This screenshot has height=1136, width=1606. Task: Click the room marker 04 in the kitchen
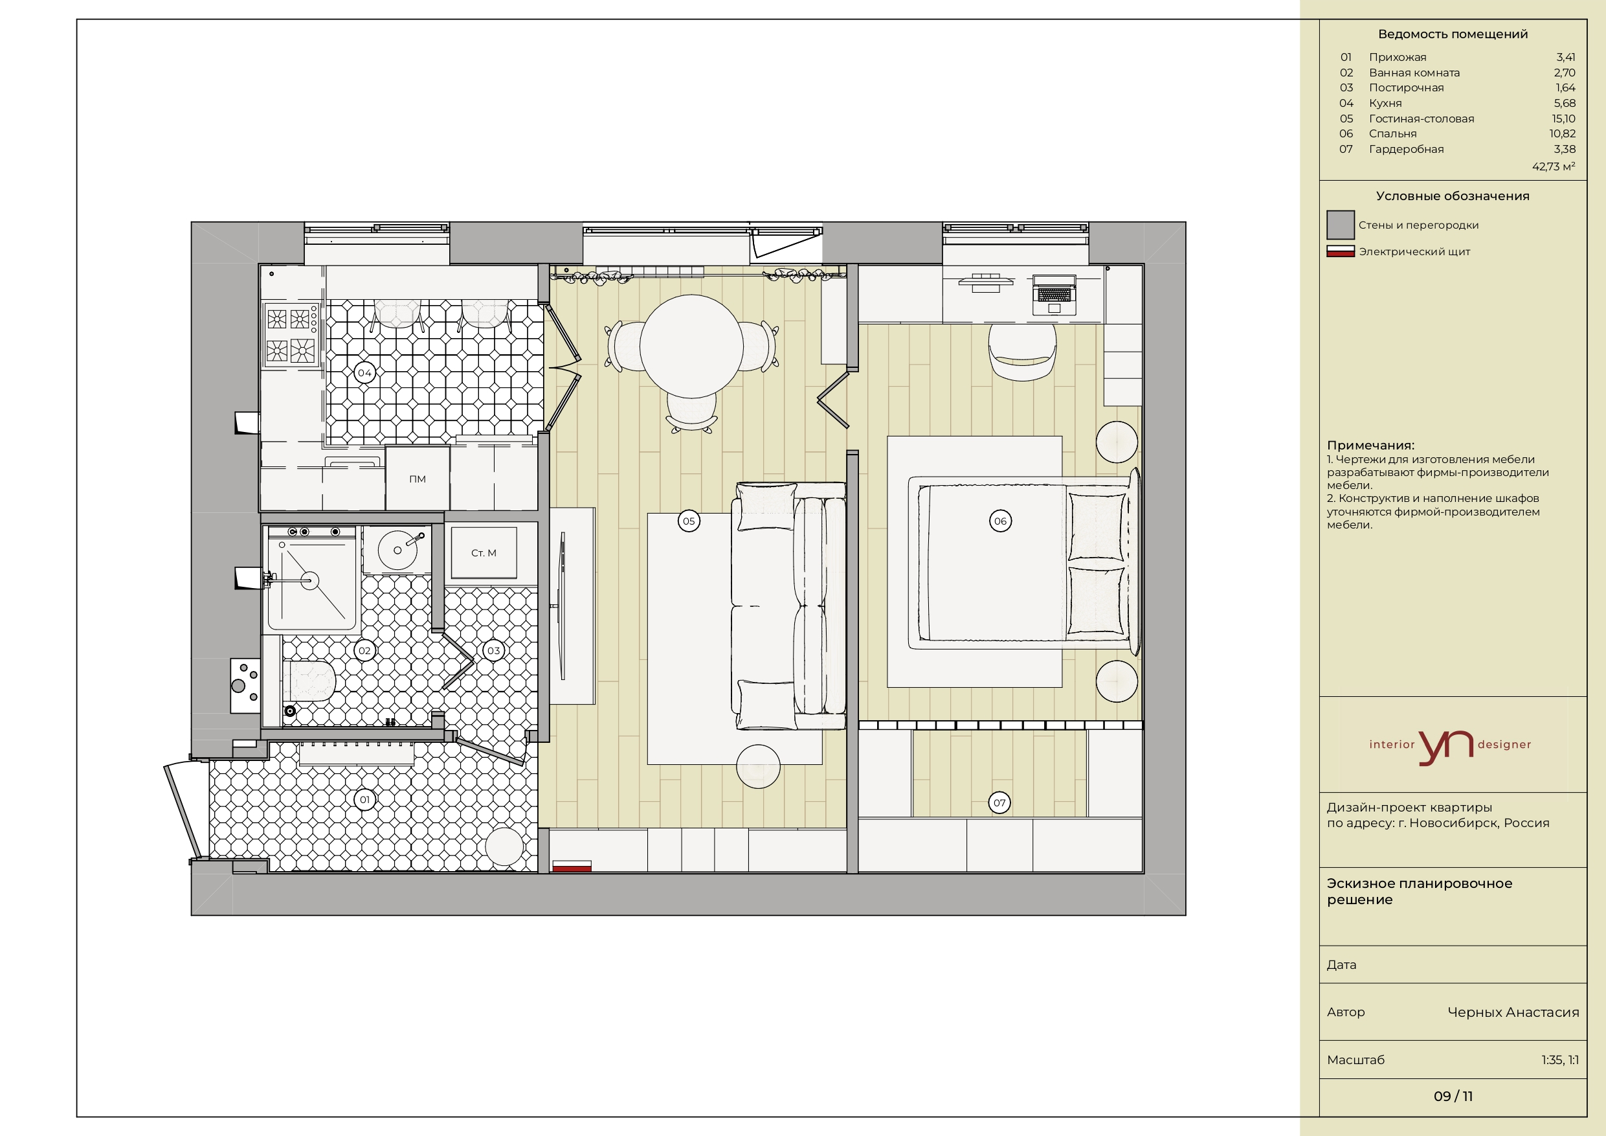pyautogui.click(x=364, y=373)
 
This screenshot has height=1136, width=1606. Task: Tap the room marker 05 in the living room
pyautogui.click(x=689, y=521)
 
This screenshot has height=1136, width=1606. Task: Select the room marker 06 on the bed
pyautogui.click(x=1000, y=521)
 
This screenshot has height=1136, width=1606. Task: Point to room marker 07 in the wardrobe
pyautogui.click(x=999, y=803)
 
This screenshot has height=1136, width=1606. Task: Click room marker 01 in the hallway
pyautogui.click(x=364, y=799)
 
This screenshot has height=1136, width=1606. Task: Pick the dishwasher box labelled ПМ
pyautogui.click(x=418, y=479)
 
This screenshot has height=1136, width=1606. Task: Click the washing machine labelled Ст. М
pyautogui.click(x=484, y=553)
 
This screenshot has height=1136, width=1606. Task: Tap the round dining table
pyautogui.click(x=691, y=346)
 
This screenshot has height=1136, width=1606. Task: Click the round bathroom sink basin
pyautogui.click(x=398, y=550)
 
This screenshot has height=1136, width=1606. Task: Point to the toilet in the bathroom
pyautogui.click(x=309, y=680)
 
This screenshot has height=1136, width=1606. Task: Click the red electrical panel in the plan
pyautogui.click(x=572, y=867)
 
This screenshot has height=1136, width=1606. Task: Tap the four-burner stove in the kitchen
pyautogui.click(x=292, y=335)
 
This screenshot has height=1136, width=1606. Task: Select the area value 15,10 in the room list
pyautogui.click(x=1563, y=119)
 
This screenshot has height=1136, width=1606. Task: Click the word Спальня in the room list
pyautogui.click(x=1392, y=133)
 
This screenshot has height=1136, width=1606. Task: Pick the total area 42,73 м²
pyautogui.click(x=1554, y=166)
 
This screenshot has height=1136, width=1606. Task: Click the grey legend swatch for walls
pyautogui.click(x=1340, y=225)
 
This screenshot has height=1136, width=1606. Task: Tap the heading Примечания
pyautogui.click(x=1370, y=445)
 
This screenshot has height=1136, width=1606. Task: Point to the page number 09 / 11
pyautogui.click(x=1453, y=1096)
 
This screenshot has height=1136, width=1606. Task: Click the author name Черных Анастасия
pyautogui.click(x=1513, y=1012)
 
